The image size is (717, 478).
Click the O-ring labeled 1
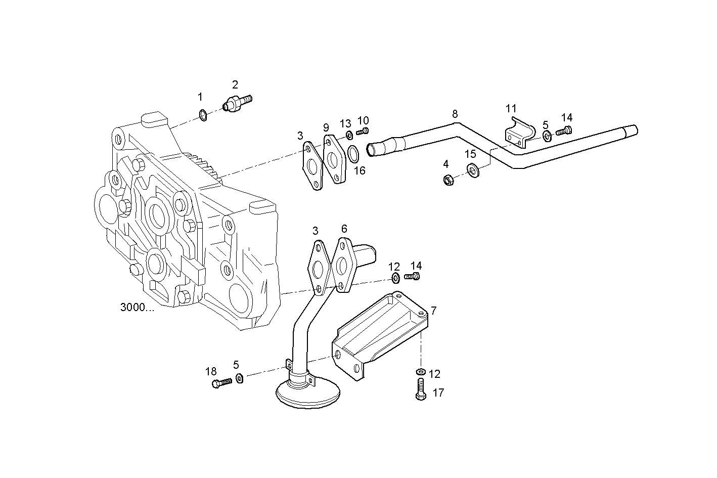point(202,116)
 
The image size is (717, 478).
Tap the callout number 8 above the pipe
point(455,114)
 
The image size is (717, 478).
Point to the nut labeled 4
point(447,180)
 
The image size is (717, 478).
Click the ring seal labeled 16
point(354,152)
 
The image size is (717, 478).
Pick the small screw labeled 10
point(362,132)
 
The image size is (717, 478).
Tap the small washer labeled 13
point(348,135)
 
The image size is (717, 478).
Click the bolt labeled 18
point(221,382)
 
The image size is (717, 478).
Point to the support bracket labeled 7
point(379,334)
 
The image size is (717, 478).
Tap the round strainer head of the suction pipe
point(307,393)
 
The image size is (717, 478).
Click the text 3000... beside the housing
point(138,308)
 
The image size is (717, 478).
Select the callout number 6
point(344,229)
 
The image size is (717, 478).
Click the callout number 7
point(433,310)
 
